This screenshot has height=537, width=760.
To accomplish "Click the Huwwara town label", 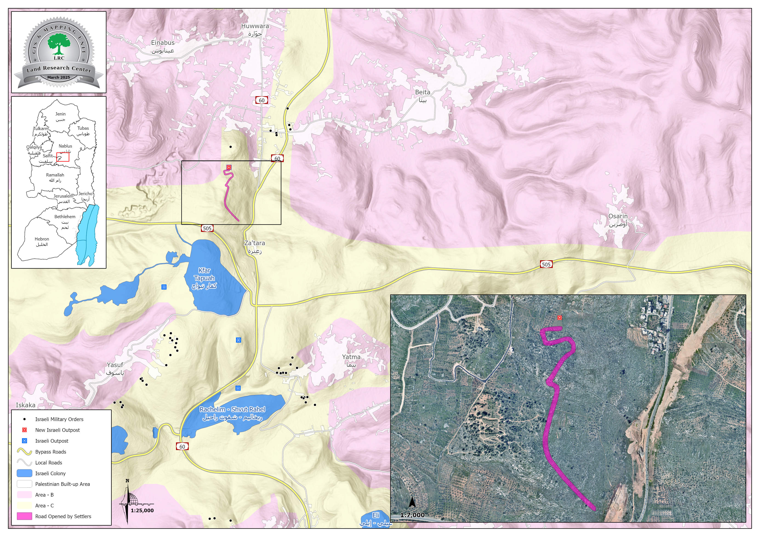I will pyautogui.click(x=255, y=29).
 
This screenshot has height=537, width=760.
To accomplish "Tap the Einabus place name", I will pyautogui.click(x=162, y=46).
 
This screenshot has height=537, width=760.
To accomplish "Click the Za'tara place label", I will pyautogui.click(x=255, y=246).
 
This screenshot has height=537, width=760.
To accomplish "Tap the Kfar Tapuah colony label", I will pyautogui.click(x=204, y=278).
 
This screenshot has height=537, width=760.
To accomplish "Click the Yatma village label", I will pyautogui.click(x=351, y=360).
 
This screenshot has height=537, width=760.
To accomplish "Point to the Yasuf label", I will pyautogui.click(x=115, y=368).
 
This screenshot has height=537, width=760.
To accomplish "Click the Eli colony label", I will pyautogui.click(x=376, y=518).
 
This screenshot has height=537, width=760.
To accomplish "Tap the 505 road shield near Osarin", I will pyautogui.click(x=546, y=264).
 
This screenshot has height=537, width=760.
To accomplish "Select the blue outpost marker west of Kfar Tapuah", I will pyautogui.click(x=164, y=287).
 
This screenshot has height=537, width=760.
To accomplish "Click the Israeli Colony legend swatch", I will pyautogui.click(x=25, y=473).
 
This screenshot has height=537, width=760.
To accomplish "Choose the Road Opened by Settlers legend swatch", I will pyautogui.click(x=25, y=516).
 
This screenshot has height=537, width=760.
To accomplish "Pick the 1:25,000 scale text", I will pyautogui.click(x=142, y=510).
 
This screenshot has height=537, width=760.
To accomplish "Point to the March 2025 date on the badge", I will pyautogui.click(x=59, y=77).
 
